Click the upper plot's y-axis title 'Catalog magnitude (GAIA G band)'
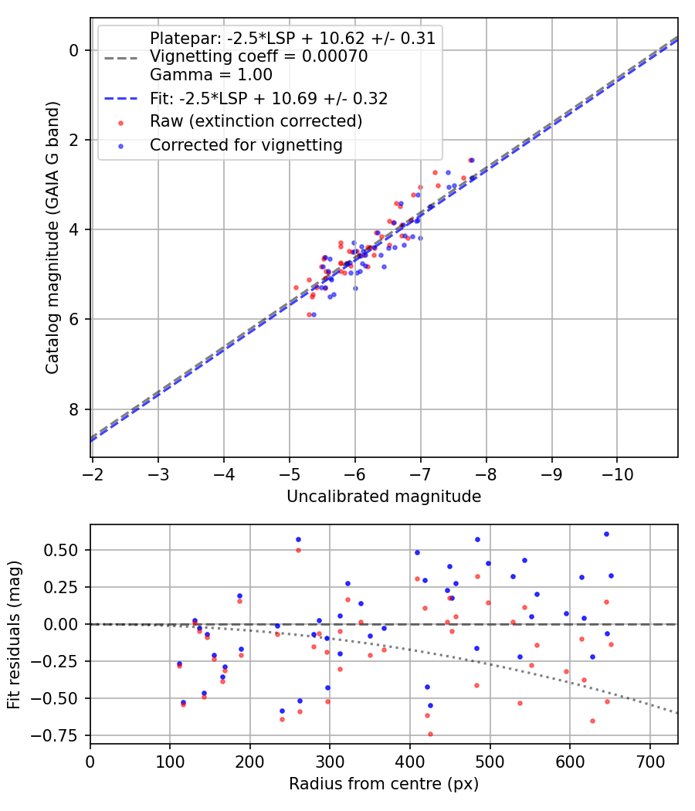pos(53,237)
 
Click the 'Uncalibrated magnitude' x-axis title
pos(384,497)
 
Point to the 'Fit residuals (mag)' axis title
pos(14,635)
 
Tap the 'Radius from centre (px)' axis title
pos(384,784)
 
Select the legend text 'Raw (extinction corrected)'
pos(256,121)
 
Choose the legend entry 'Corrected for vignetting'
pos(246,145)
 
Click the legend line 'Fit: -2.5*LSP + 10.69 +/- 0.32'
pos(269,98)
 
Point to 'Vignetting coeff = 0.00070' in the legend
pos(259,56)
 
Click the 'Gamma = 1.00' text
pos(211,74)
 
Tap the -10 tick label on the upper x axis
pos(618,474)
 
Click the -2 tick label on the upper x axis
pos(93,474)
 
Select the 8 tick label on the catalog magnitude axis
pos(73,409)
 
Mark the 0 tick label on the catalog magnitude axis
pos(73,50)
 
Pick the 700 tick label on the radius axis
pos(649,762)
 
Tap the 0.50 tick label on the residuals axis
pos(60,550)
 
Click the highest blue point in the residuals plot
pos(606,534)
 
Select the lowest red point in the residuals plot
pos(430,734)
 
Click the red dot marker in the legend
pos(121,123)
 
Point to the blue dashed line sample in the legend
pos(121,98)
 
